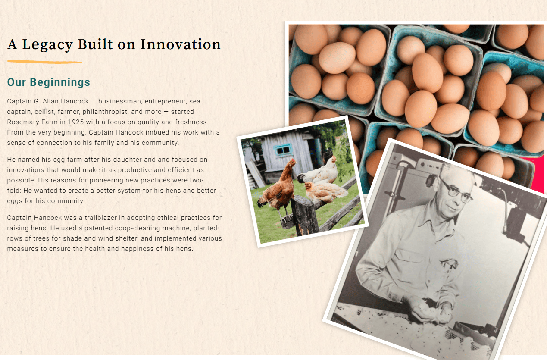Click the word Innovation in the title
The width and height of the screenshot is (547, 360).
point(181,44)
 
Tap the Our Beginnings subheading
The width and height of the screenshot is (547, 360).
point(49,82)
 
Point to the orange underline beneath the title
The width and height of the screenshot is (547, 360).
point(45,62)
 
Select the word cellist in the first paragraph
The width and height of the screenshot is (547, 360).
point(44,112)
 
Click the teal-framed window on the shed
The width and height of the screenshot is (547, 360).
point(283,150)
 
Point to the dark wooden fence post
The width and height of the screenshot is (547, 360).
point(304,215)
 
